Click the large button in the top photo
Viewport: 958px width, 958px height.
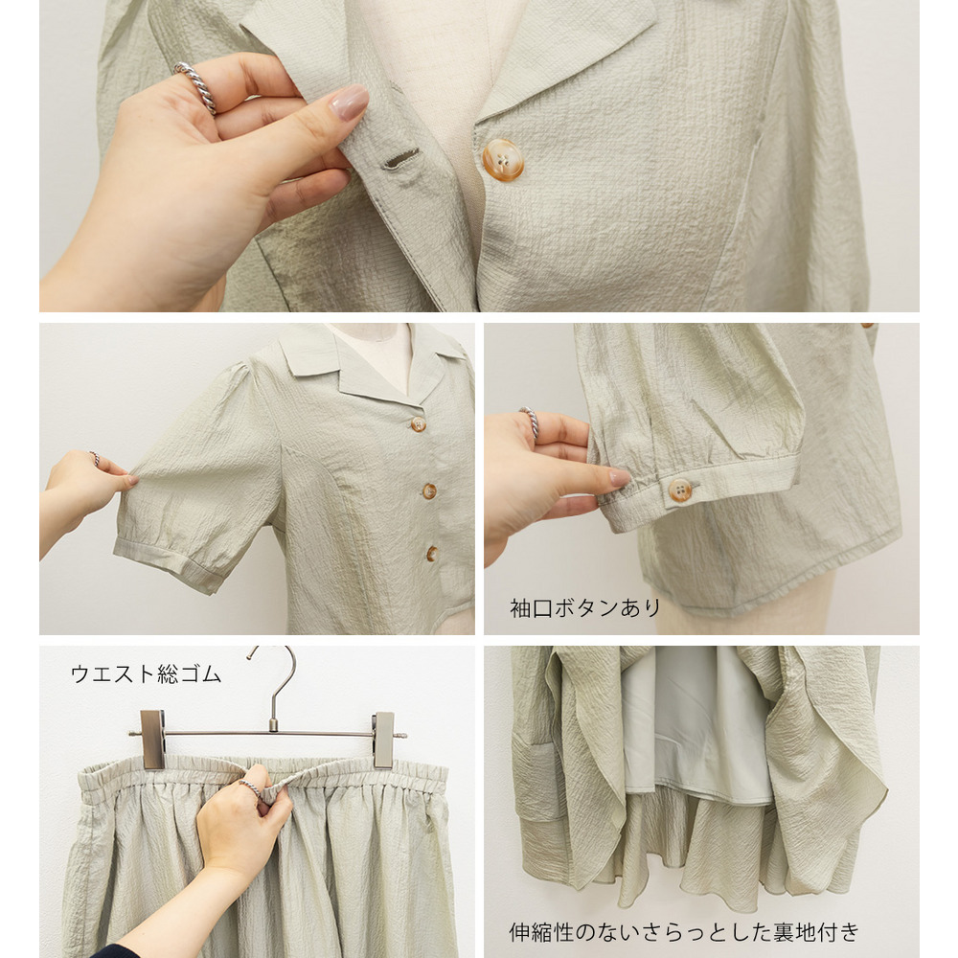tap(503, 160)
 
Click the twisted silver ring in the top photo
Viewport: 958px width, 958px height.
tap(196, 87)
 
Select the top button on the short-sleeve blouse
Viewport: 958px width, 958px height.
tap(418, 424)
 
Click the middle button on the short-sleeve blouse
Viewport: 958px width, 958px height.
tap(429, 490)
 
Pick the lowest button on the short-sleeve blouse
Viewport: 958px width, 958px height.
tap(432, 554)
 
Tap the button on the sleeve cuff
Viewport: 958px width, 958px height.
tap(679, 490)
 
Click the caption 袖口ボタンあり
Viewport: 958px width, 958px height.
tap(584, 608)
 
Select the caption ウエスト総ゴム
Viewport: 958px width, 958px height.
tap(146, 673)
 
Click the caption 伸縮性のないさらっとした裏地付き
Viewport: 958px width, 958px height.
tap(684, 932)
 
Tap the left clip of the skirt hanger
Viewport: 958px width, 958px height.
tap(152, 739)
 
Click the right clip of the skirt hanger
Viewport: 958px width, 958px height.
tap(384, 740)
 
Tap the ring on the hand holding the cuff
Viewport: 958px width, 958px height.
tap(530, 422)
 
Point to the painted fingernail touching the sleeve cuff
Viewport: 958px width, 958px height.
tap(620, 477)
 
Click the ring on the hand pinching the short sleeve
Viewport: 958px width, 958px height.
tap(95, 458)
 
